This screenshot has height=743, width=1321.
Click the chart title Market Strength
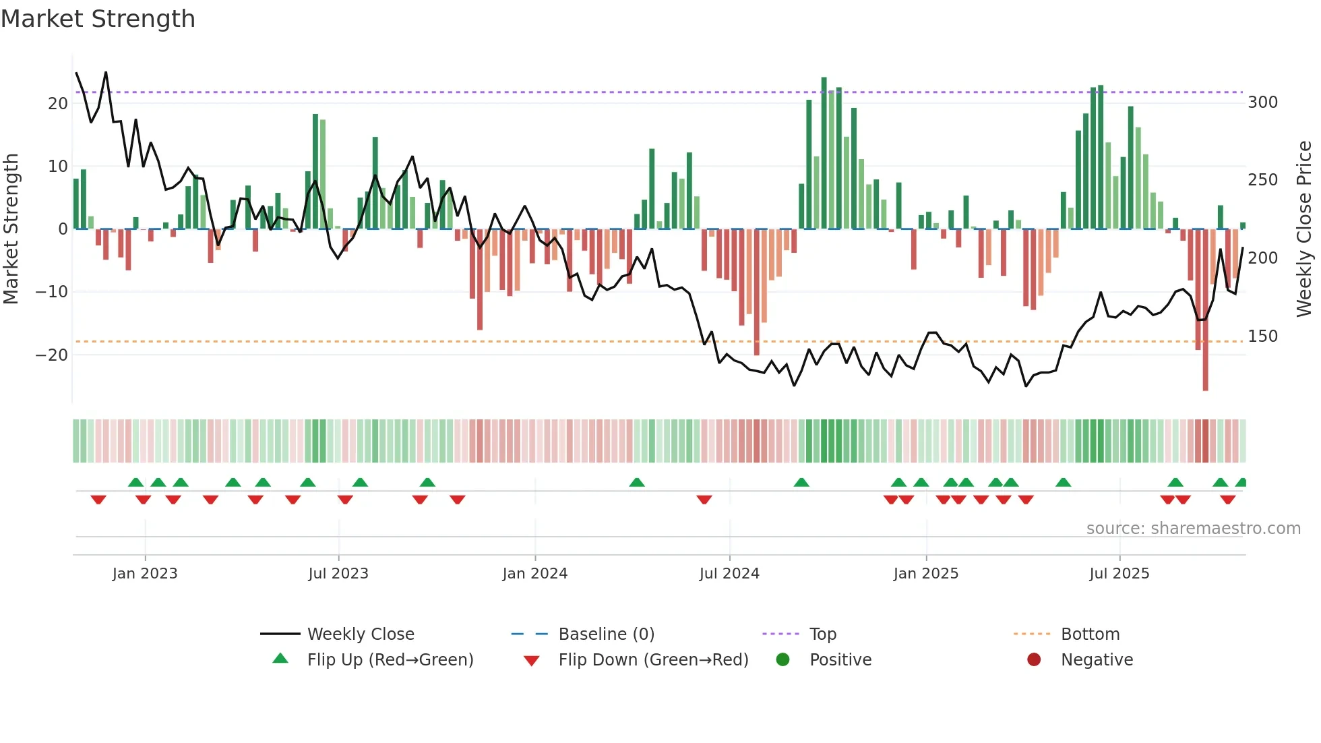pyautogui.click(x=98, y=19)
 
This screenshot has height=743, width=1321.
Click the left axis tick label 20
pyautogui.click(x=58, y=104)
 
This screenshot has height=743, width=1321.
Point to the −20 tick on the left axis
pyautogui.click(x=53, y=355)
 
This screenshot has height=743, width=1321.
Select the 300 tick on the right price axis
pyautogui.click(x=1262, y=102)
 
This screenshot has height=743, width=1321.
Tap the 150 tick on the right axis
pyautogui.click(x=1262, y=336)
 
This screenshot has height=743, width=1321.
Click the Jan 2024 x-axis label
pyautogui.click(x=534, y=574)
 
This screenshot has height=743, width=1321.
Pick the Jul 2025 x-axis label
pyautogui.click(x=1119, y=574)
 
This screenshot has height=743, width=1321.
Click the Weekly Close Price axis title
pyautogui.click(x=1304, y=229)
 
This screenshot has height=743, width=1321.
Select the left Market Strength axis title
pyautogui.click(x=11, y=229)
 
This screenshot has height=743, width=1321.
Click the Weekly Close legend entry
pyautogui.click(x=360, y=634)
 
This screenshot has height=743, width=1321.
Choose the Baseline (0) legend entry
pyautogui.click(x=606, y=634)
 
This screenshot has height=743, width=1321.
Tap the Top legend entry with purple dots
pyautogui.click(x=822, y=634)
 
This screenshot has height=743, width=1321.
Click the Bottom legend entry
pyautogui.click(x=1090, y=634)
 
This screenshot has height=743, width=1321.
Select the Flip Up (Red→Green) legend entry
pyautogui.click(x=390, y=660)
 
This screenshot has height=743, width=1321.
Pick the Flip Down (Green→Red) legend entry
pyautogui.click(x=652, y=660)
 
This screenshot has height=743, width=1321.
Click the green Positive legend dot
pyautogui.click(x=782, y=660)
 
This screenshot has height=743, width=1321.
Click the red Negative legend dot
pyautogui.click(x=1034, y=660)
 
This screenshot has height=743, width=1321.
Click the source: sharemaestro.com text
pyautogui.click(x=1193, y=529)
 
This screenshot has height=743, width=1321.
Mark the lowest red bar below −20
pyautogui.click(x=1205, y=337)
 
